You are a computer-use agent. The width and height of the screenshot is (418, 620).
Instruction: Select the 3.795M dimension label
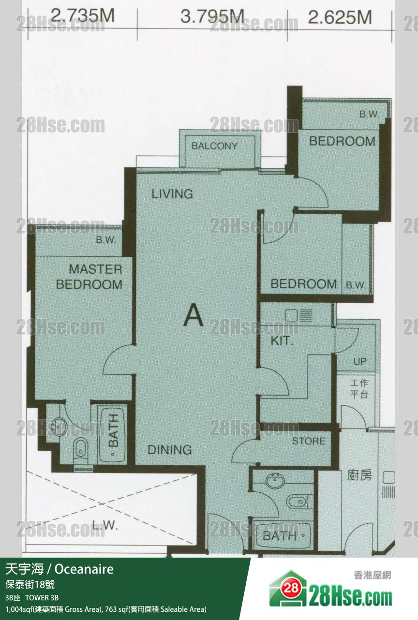pyautogui.click(x=212, y=16)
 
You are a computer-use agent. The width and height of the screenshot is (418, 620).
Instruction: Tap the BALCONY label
pyautogui.click(x=214, y=146)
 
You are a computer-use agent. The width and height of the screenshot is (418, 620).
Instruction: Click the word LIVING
pyautogui.click(x=172, y=194)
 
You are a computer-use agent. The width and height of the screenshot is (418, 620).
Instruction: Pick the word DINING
pyautogui.click(x=170, y=450)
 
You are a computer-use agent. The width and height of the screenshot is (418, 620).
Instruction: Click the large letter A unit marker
pyautogui.click(x=194, y=315)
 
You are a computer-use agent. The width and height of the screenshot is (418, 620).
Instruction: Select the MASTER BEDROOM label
pyautogui.click(x=89, y=277)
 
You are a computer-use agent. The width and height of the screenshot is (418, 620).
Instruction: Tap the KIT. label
pyautogui.click(x=282, y=340)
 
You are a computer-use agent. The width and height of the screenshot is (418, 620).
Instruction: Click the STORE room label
pyautogui.click(x=309, y=441)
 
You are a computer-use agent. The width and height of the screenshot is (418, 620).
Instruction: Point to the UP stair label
pyautogui.click(x=360, y=361)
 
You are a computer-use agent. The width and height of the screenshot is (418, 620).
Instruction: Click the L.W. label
pyautogui.click(x=105, y=525)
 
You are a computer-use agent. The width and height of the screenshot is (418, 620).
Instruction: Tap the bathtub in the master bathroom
pyautogui.click(x=113, y=434)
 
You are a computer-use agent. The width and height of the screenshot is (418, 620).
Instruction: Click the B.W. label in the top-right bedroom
pyautogui.click(x=369, y=114)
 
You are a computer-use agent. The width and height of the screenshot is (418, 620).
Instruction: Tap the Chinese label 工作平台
pyautogui.click(x=359, y=389)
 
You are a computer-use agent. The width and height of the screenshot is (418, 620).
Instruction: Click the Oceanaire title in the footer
pyautogui.click(x=84, y=569)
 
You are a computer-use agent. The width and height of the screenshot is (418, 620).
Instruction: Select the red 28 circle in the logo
pyautogui.click(x=291, y=587)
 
